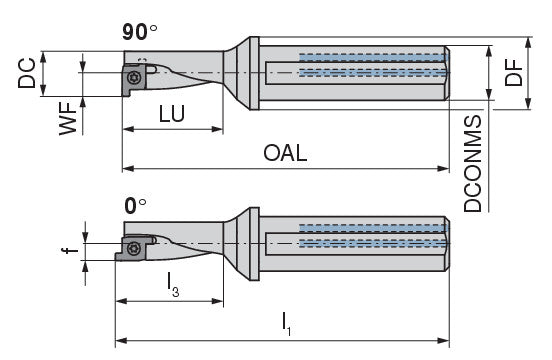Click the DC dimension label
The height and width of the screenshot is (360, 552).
point(27,73)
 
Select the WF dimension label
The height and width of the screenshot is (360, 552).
point(68,119)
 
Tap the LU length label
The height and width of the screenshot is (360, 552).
point(172,114)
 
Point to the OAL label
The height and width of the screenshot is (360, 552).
point(285,153)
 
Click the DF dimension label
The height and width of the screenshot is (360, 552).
point(514,73)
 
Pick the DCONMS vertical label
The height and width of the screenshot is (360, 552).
point(472,164)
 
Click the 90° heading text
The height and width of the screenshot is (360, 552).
point(140,32)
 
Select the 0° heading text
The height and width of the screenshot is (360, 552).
point(135,206)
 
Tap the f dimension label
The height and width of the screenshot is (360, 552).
point(70,250)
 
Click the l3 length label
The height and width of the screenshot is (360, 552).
point(173,285)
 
